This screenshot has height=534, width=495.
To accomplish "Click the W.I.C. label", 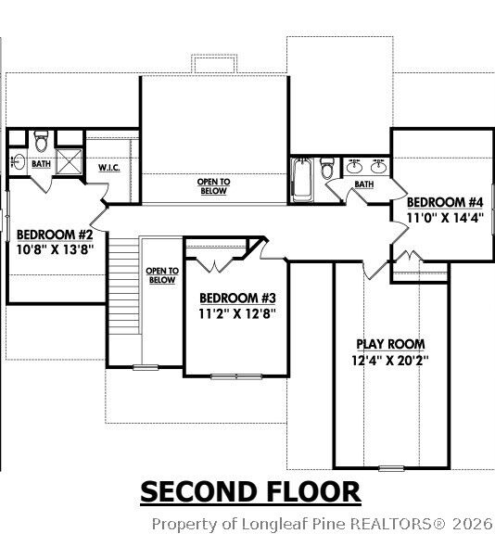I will click(x=110, y=168).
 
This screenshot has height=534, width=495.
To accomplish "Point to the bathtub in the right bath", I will click(x=301, y=179).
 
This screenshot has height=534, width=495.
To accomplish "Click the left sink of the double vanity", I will click(x=355, y=167).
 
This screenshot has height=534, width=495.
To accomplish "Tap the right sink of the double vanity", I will click(x=378, y=167).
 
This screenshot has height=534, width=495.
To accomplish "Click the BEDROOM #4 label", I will click(x=445, y=202).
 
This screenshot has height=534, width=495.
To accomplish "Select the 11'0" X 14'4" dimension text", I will click(x=445, y=218).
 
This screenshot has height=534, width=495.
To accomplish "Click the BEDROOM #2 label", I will click(x=55, y=234).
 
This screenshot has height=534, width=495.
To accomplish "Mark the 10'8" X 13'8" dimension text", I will click(x=55, y=249).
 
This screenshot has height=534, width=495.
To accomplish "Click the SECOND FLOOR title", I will click(x=249, y=490).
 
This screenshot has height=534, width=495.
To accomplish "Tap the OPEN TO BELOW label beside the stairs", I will click(x=161, y=275).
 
